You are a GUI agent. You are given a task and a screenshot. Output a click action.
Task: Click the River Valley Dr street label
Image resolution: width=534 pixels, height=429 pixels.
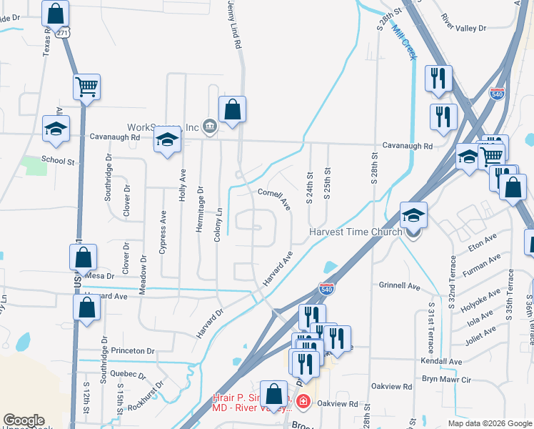463,23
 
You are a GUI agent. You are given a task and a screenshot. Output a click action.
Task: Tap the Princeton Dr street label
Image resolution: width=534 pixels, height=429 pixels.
133,351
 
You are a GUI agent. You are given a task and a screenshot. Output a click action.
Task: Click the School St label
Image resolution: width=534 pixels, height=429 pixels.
58,162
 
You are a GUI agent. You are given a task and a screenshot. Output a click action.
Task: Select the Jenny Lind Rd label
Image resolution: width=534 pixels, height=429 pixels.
234,25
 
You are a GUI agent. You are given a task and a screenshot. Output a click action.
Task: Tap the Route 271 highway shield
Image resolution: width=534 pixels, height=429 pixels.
63,33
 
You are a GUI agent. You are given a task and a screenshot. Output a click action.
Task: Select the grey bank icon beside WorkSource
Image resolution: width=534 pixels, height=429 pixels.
209,127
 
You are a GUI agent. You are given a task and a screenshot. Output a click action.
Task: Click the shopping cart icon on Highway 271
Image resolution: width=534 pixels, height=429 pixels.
86,87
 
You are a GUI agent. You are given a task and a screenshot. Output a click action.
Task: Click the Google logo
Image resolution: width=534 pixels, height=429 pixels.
24,421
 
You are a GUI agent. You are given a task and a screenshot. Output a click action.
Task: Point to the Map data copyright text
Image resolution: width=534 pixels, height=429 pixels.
490,423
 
